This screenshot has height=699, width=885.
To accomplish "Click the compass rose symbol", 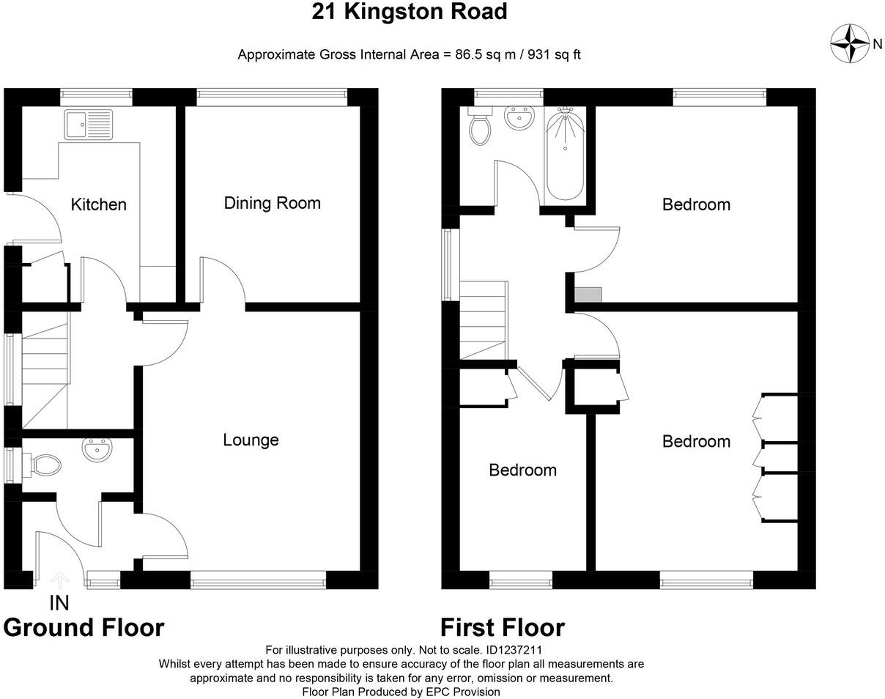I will pyautogui.click(x=850, y=43).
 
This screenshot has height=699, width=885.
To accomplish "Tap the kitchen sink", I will pyautogui.click(x=88, y=125).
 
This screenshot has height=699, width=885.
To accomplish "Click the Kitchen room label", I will pyautogui.click(x=98, y=204).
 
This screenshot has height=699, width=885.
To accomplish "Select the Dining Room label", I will pyautogui.click(x=272, y=203).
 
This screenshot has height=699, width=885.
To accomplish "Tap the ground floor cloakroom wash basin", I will pyautogui.click(x=96, y=450).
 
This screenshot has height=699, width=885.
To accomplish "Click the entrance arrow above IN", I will pyautogui.click(x=59, y=580).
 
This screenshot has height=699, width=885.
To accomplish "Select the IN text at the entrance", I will pyautogui.click(x=59, y=603).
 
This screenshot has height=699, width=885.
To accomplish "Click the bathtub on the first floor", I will pyautogui.click(x=565, y=154).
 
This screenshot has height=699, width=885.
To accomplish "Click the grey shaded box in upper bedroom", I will pyautogui.click(x=588, y=295).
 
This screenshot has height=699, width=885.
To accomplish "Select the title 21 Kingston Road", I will pyautogui.click(x=409, y=12).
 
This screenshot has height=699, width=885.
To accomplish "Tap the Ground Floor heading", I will pyautogui.click(x=84, y=628).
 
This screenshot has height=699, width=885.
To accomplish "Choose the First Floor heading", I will pyautogui.click(x=502, y=628).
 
